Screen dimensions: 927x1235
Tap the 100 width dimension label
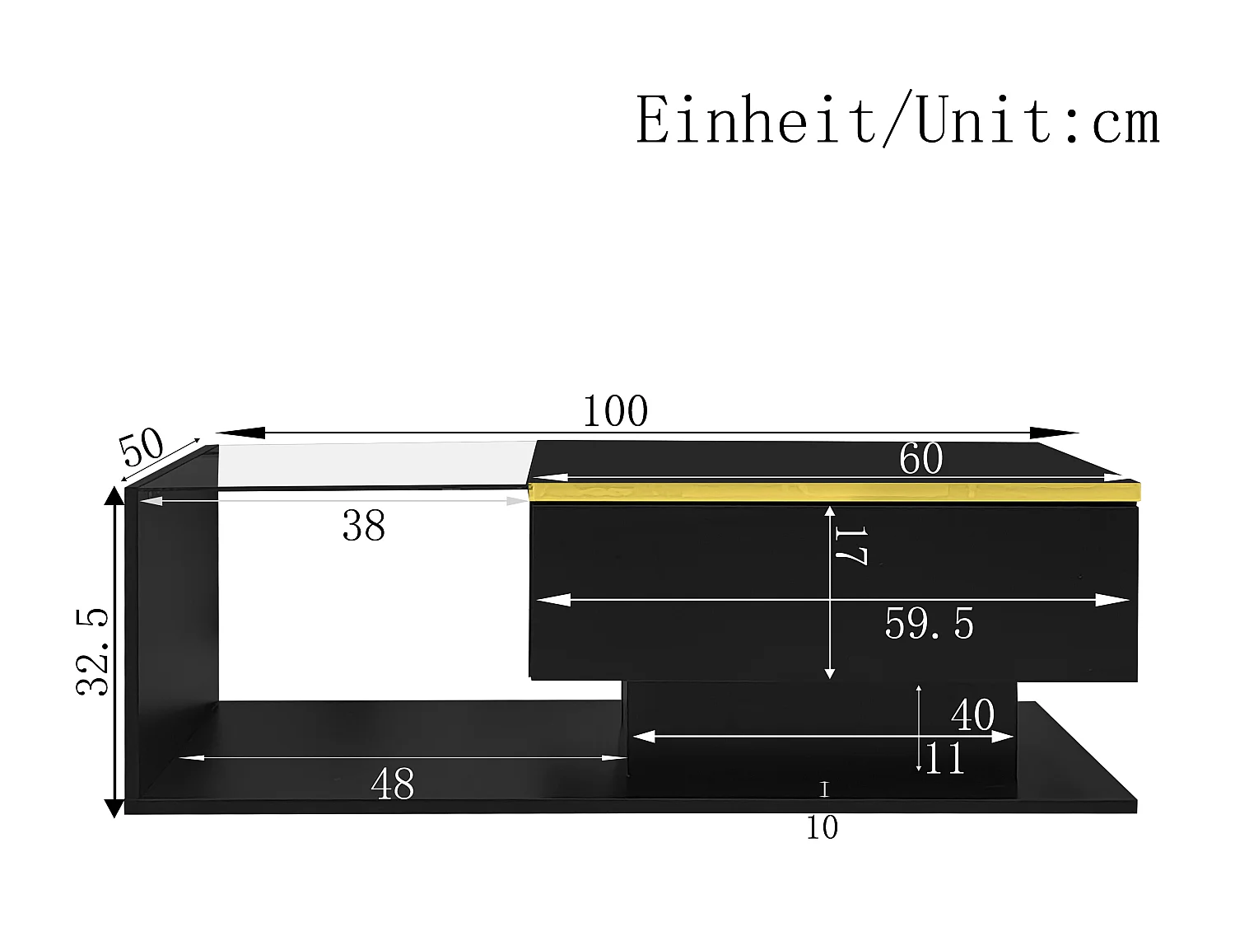point(615,411)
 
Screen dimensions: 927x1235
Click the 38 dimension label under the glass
point(363,526)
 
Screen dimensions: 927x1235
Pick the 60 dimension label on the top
point(920,459)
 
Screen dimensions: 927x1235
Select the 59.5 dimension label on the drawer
point(929,624)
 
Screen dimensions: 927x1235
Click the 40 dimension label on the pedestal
point(972,715)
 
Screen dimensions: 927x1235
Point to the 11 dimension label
point(944,759)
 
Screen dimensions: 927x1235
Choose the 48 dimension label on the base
point(393,784)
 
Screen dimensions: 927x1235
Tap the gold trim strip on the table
point(832,493)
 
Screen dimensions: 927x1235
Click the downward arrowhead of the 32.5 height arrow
point(114,808)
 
